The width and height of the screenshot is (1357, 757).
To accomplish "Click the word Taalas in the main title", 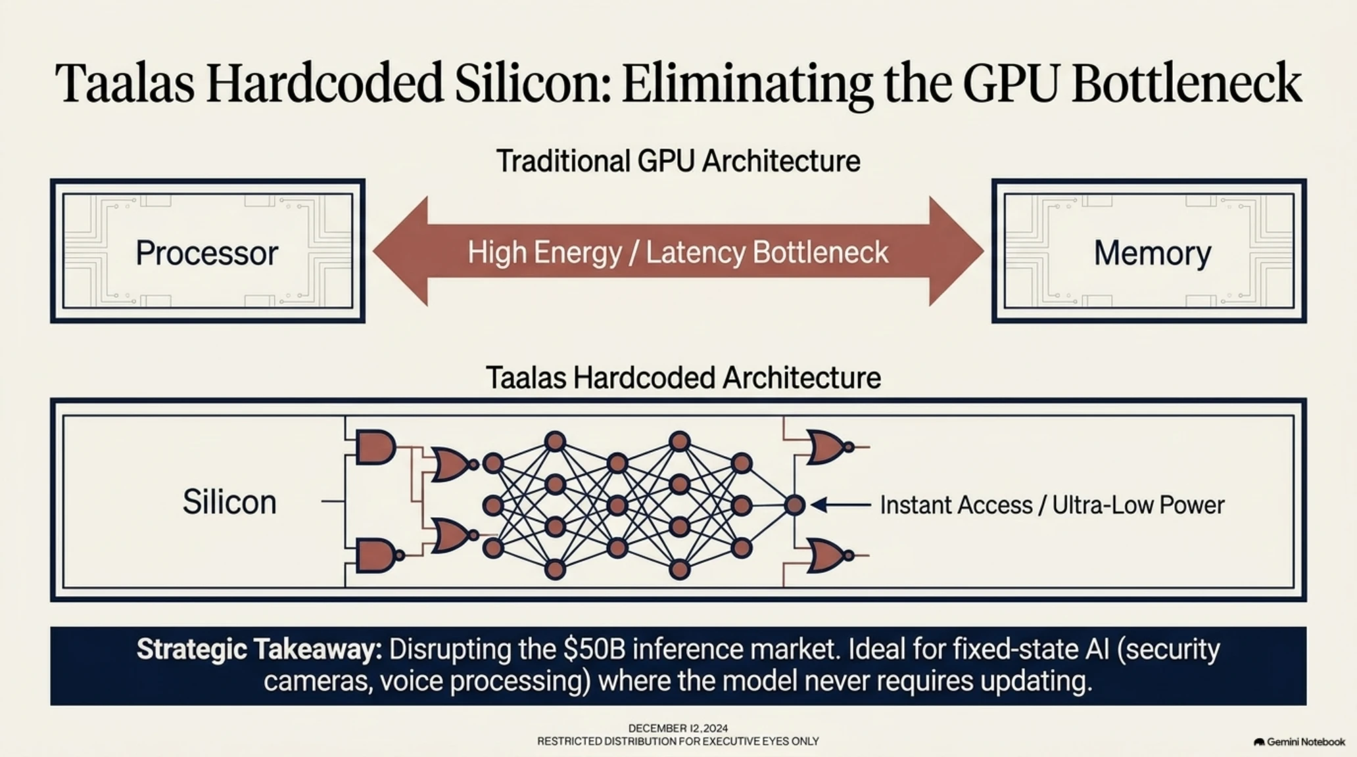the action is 125,83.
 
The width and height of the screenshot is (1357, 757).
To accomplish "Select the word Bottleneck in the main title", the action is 1187,83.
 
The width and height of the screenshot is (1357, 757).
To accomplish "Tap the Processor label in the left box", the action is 207,253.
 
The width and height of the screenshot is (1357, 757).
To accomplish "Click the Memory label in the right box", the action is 1153,254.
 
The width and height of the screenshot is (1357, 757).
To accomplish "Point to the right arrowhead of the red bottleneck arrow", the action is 956,251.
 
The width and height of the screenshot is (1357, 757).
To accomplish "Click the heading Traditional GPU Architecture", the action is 678,161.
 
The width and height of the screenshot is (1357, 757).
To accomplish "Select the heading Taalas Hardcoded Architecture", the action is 683,378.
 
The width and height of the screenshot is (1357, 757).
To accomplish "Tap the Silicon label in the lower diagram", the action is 229,502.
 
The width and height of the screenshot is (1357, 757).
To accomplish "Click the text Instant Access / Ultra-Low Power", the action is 1052,505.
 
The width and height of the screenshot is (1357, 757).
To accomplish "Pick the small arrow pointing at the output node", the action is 841,505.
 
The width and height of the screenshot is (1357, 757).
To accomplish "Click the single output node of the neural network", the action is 795,505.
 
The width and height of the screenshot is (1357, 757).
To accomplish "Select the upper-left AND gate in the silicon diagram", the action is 375,447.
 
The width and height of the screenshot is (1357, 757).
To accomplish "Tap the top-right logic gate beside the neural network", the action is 830,447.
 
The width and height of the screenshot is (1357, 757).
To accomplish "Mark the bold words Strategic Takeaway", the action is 259,650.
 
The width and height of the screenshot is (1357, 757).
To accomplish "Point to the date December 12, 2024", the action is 678,728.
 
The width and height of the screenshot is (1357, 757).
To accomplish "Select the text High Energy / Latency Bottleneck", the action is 678,253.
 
